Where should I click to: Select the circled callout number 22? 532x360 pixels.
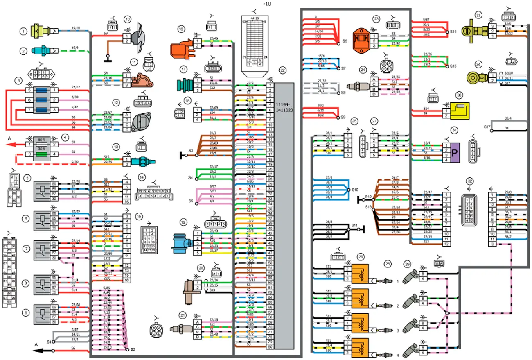[x=282, y=70]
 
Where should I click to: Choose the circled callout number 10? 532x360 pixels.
[x=128, y=19]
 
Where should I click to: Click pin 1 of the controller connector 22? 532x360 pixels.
[x=270, y=85]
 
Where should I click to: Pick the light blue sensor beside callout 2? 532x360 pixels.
[x=40, y=51]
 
